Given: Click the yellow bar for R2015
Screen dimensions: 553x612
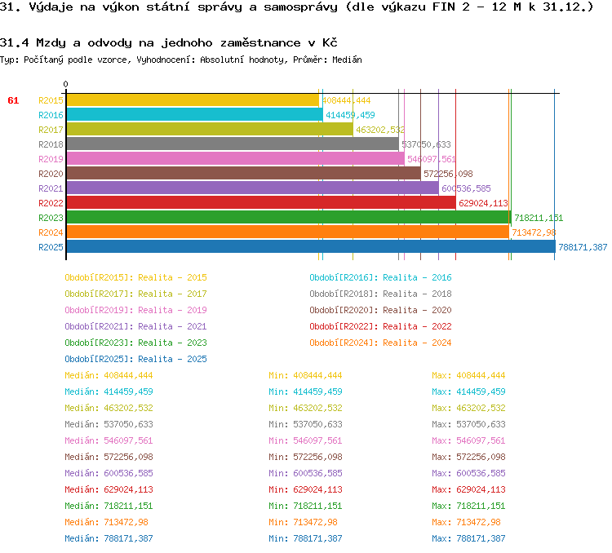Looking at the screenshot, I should [x=192, y=100].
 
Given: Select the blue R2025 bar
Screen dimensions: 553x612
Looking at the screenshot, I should [x=310, y=247].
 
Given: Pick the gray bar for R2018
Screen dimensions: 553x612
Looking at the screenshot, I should [x=233, y=144].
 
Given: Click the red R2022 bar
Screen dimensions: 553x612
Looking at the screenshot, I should [x=260, y=203].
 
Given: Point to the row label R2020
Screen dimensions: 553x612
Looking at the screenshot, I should [x=51, y=174].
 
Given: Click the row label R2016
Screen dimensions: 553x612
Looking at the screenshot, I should [x=51, y=115].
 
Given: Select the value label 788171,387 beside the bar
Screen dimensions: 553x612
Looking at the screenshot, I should [x=583, y=247].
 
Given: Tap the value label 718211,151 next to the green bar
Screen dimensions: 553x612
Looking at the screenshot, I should [x=539, y=218].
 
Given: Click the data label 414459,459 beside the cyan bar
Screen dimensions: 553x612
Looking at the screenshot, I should [x=350, y=115].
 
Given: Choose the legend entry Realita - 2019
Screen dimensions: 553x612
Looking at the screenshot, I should [x=172, y=310].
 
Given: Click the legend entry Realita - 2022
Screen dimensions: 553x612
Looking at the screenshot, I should [x=417, y=326].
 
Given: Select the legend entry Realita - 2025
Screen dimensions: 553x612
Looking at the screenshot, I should [x=172, y=359].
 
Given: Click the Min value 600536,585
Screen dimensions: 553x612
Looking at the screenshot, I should [x=317, y=473].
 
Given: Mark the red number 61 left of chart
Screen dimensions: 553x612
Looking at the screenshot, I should [x=13, y=100].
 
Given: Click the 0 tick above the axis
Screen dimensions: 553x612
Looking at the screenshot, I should [x=66, y=84].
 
